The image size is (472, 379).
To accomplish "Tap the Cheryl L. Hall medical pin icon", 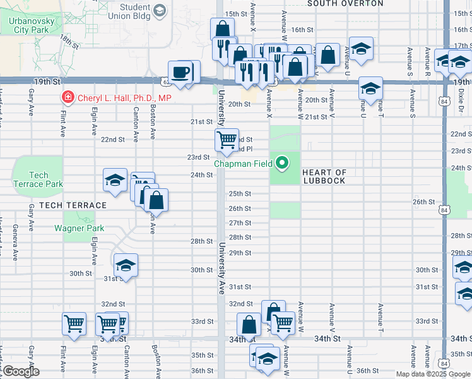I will point(66,98).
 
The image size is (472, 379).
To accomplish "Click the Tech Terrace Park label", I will point(38,179).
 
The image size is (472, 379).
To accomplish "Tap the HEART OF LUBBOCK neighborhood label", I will point(324,176).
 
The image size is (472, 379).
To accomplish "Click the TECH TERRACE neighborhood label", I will point(73,205).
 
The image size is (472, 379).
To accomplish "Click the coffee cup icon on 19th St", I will point(181,71).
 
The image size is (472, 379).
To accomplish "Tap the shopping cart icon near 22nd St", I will point(227,139).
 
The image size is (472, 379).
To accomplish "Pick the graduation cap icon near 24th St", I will point(115,180).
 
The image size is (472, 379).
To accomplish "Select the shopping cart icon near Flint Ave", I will point(74,324).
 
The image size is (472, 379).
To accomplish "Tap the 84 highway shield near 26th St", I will point(445,210).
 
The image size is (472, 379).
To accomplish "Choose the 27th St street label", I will point(240,223).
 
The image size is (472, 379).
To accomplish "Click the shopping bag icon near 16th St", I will point(223,29).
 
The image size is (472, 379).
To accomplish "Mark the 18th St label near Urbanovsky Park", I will point(69,42).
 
